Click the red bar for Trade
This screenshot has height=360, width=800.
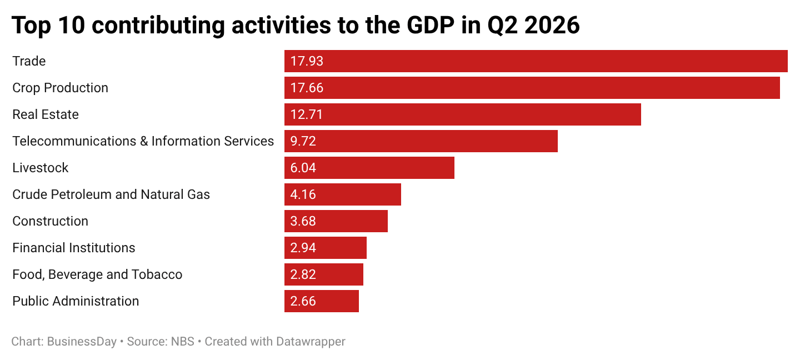click(x=536, y=61)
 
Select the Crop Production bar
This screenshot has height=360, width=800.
click(x=532, y=88)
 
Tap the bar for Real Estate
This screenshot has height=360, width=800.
click(x=462, y=114)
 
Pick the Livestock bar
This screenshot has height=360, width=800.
click(x=369, y=168)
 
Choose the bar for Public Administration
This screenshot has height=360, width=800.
click(x=322, y=301)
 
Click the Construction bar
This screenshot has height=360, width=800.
click(x=336, y=221)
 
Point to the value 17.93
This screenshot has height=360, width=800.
click(x=307, y=61)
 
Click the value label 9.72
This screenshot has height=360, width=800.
click(x=303, y=141)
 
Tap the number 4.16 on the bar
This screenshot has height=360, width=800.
click(x=303, y=194)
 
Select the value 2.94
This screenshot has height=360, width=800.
click(x=303, y=248)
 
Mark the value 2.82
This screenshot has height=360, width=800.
click(x=303, y=274)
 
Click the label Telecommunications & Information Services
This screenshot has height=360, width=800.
click(x=143, y=141)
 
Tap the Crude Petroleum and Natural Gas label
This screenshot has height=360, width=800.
click(x=111, y=194)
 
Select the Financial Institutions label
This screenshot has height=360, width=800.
click(x=73, y=248)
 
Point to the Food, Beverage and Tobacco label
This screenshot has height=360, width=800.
click(x=97, y=274)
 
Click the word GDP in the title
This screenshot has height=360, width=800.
click(x=430, y=25)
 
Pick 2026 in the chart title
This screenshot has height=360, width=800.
click(x=552, y=25)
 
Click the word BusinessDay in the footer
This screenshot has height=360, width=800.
click(x=82, y=342)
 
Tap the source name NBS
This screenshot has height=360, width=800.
click(x=182, y=342)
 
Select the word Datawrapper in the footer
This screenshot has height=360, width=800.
click(x=311, y=342)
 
